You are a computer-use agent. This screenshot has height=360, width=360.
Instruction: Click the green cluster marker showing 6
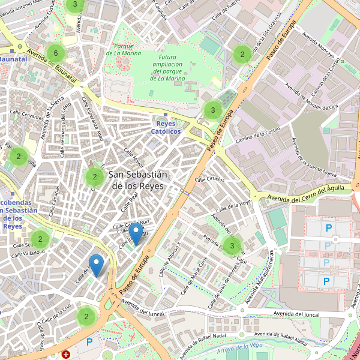coord(55,53)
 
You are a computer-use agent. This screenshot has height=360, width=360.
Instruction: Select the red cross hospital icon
coord(66,355)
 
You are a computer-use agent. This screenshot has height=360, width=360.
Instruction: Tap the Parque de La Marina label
coord(123,50)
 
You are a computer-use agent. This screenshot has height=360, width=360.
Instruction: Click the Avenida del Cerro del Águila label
coord(305,193)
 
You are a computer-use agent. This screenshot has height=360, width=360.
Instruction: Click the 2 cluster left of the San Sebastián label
coord(94,176)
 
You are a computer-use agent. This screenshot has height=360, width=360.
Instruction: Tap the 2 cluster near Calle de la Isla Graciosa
coord(242,54)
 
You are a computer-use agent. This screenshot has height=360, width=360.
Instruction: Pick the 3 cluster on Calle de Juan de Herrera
coord(232,245)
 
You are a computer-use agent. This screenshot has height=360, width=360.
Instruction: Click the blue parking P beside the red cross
coord(89,342)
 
